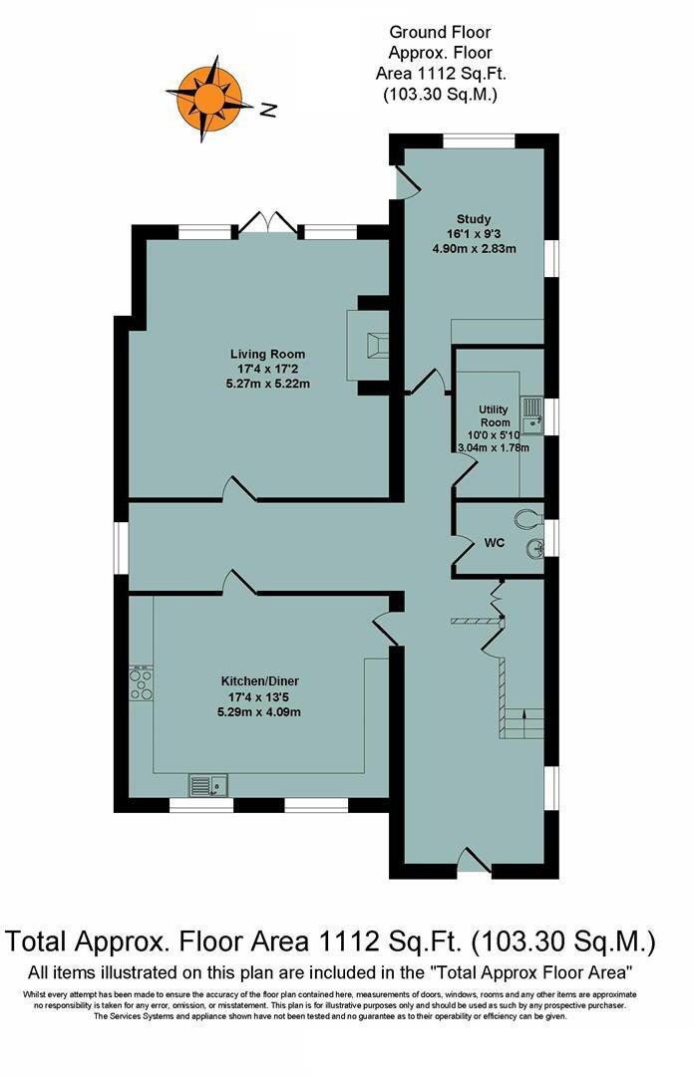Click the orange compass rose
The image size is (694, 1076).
tap(209, 97)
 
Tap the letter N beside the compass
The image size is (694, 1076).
tap(267, 111)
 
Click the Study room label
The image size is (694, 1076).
tap(474, 219)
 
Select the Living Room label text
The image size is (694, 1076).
tap(267, 354)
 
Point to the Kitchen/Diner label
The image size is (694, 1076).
tap(259, 681)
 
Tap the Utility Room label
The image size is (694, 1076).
tap(494, 416)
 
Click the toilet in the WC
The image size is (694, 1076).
tap(529, 517)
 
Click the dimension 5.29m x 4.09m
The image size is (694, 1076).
tap(259, 711)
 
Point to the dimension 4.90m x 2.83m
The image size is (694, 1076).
tap(474, 249)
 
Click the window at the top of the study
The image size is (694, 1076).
tap(478, 140)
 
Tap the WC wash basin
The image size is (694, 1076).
tap(537, 546)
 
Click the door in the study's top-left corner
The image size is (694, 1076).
tap(407, 180)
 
